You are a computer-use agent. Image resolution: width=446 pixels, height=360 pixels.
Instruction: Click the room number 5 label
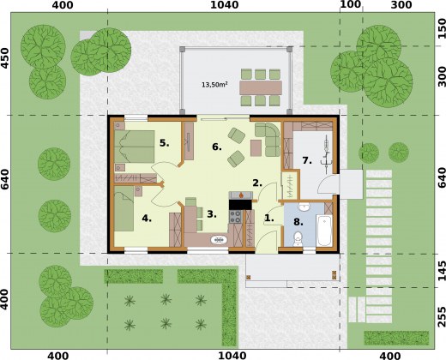[x=164, y=143]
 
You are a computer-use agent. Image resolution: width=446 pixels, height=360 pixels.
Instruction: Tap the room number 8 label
[x=298, y=222]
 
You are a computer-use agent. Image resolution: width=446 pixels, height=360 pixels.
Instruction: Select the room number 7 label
[x=307, y=161]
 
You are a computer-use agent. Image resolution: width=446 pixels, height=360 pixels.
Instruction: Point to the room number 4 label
[x=147, y=219]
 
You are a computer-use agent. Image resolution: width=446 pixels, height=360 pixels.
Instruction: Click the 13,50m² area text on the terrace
[x=214, y=85]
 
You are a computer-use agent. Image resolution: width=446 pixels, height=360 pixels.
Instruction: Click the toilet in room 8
[x=298, y=239]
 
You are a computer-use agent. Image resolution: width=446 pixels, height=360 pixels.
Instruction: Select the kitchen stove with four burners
[x=235, y=217]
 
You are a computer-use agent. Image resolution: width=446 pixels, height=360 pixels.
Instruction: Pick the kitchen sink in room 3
[x=219, y=240]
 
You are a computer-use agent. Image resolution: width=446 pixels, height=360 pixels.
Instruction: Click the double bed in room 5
[x=135, y=147]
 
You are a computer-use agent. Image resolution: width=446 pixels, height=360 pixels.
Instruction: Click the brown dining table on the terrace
[x=261, y=87]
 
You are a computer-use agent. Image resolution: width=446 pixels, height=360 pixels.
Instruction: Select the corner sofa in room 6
[x=268, y=139]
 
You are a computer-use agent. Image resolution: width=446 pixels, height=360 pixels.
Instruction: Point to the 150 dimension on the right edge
[x=442, y=28]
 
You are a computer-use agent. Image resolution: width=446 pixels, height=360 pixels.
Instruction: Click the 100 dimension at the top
[x=351, y=4]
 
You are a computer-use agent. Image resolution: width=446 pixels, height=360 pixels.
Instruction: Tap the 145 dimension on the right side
[x=442, y=270]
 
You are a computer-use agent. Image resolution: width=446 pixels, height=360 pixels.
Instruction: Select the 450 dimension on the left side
[x=4, y=58]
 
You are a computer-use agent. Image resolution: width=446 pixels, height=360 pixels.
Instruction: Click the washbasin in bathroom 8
[x=304, y=207]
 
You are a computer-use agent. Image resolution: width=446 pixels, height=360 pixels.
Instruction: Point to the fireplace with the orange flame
[x=241, y=195]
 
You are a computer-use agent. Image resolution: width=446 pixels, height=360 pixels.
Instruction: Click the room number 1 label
[x=268, y=219]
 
